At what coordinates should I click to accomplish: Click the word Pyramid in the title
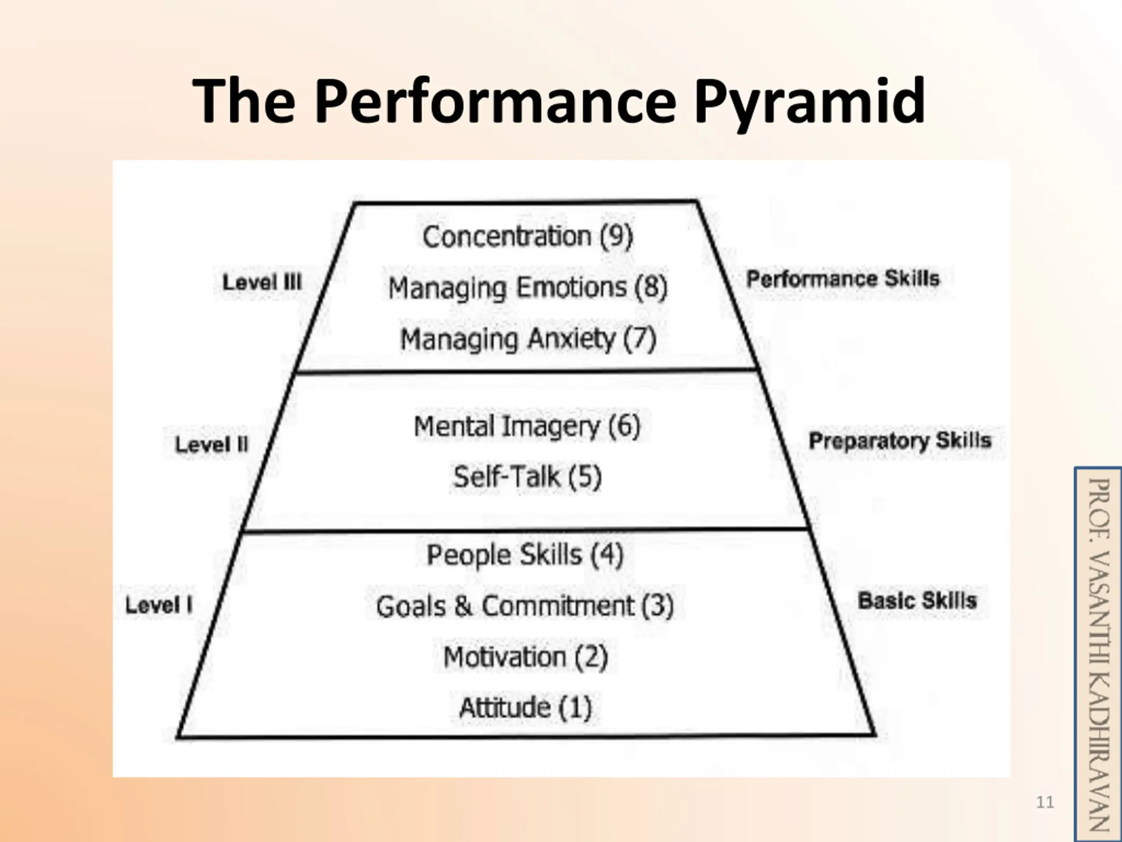coord(809,101)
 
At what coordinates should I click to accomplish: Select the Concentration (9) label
coord(528,236)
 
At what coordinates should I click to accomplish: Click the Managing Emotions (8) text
coord(528,288)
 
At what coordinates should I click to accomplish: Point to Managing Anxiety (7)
coord(528,339)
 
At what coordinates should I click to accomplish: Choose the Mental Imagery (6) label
coord(527,426)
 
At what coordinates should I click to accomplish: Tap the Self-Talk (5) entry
coord(527,477)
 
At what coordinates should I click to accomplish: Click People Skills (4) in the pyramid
coord(525,554)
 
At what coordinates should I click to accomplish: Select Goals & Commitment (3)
coord(525,606)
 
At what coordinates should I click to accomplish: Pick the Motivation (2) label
coord(525,657)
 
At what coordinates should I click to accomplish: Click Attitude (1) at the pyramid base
coord(525,707)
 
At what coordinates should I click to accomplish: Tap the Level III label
coord(262,282)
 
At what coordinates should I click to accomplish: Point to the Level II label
coord(212,445)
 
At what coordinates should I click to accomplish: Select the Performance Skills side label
coord(843,278)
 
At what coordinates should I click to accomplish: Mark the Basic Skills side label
coord(917,600)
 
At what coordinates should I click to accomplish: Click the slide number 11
coord(1045,802)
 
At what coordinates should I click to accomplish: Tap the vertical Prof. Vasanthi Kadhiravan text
coord(1099,655)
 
